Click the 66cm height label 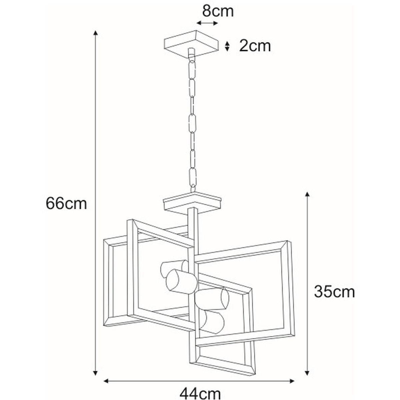66,204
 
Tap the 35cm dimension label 334,292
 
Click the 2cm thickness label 255,46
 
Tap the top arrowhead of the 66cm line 96,33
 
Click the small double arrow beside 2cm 227,46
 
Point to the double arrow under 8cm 207,23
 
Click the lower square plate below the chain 192,202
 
